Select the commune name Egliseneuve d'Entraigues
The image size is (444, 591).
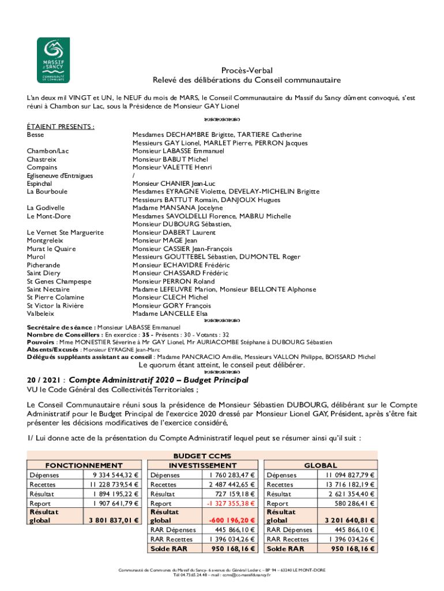60,175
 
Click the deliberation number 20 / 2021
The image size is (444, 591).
44,380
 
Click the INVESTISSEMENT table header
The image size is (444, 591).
202,465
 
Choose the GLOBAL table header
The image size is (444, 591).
321,465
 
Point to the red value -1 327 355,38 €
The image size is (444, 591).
230,503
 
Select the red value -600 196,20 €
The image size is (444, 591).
231,520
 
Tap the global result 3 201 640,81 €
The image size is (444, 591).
349,520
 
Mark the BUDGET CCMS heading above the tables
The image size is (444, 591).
202,455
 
